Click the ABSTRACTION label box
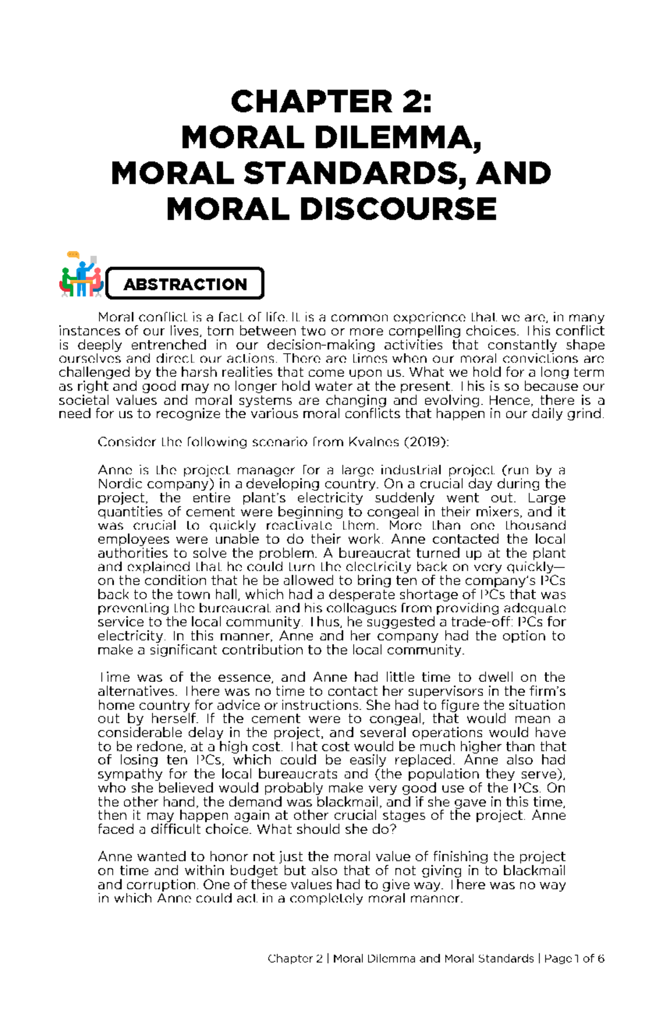tap(185, 284)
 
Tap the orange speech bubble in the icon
tap(72, 255)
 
